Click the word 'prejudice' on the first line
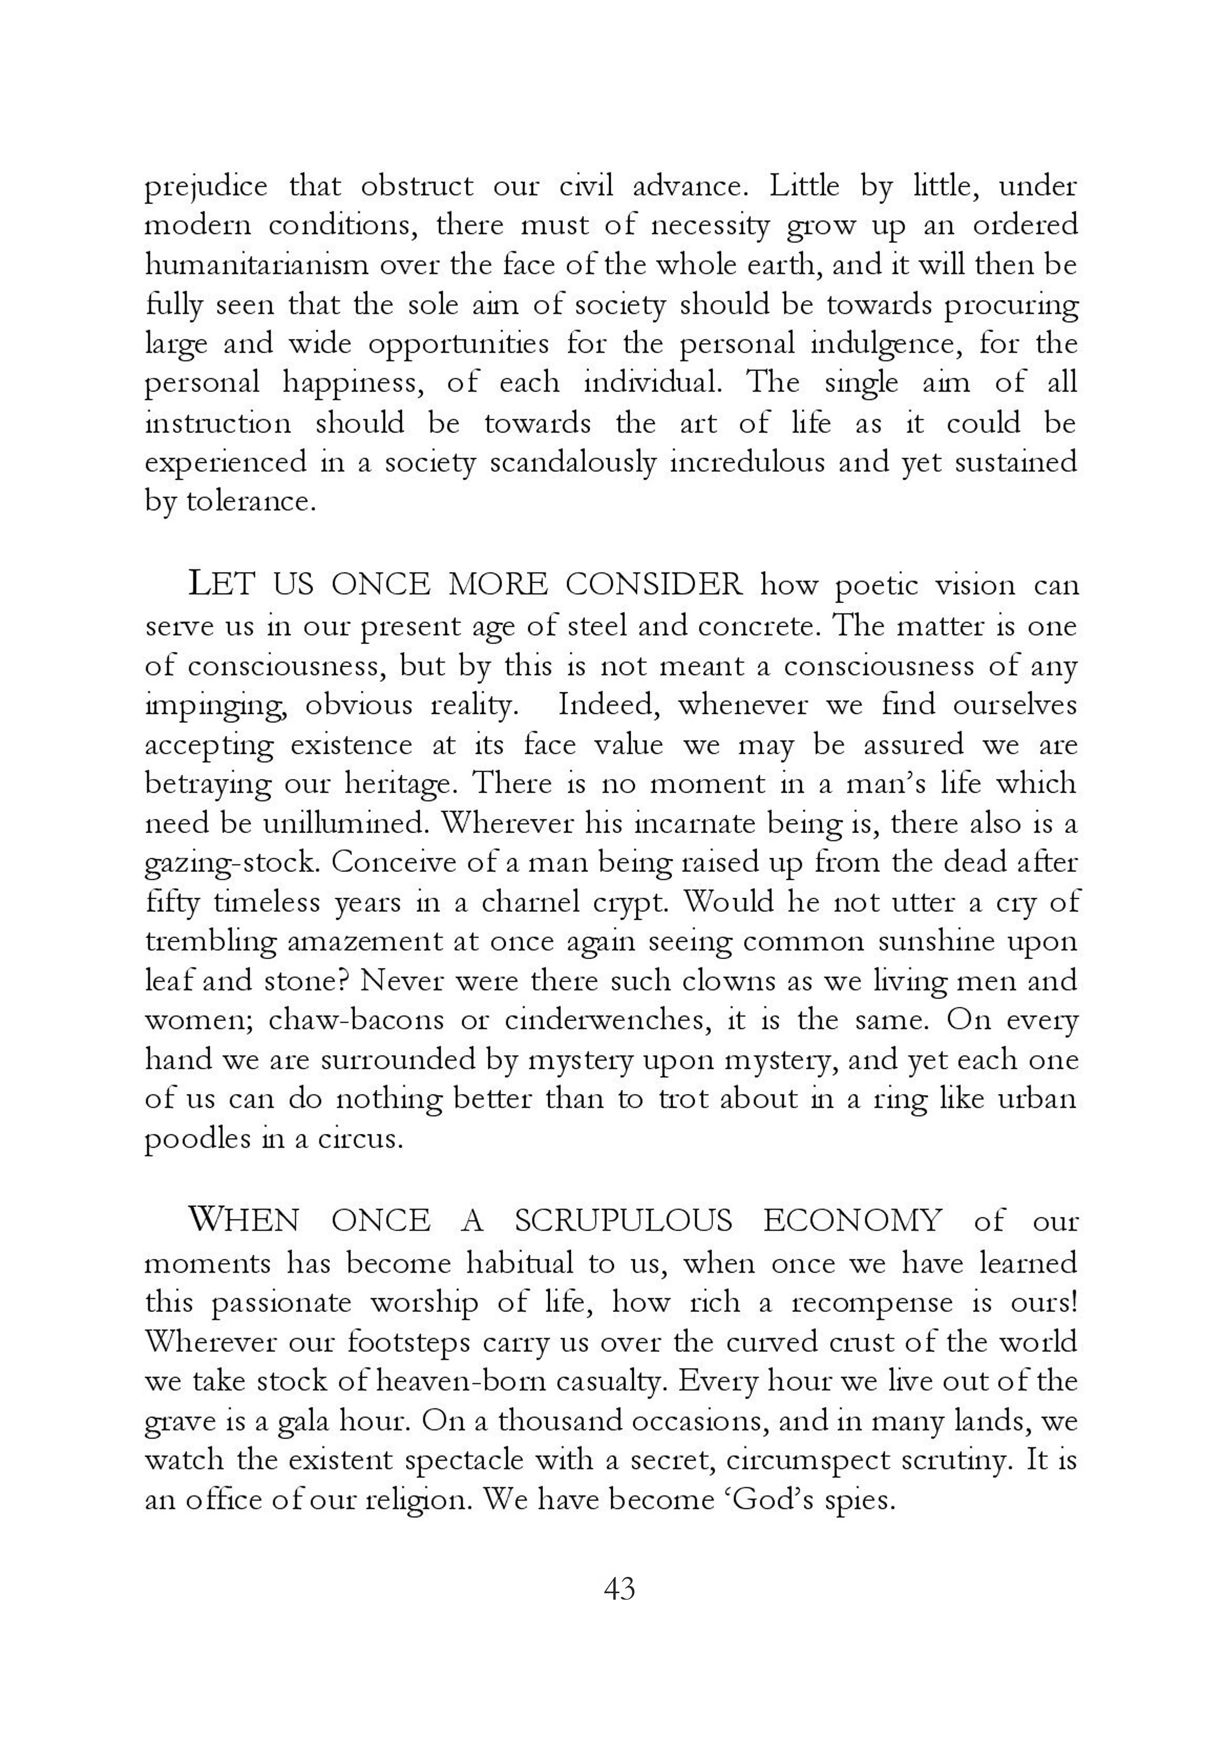click(206, 187)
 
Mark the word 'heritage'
click(401, 784)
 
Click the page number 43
click(620, 1589)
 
